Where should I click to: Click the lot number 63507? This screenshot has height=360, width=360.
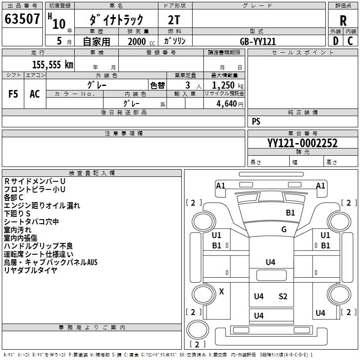click(x=22, y=20)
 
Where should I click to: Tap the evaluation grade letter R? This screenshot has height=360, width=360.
click(x=343, y=21)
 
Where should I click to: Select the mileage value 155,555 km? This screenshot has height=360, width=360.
click(x=53, y=64)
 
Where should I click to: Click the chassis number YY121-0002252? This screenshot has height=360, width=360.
click(x=302, y=143)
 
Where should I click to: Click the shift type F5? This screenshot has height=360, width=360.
click(x=13, y=94)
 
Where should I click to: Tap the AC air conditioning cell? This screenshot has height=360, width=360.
click(x=35, y=94)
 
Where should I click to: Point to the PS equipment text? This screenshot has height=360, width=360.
click(x=256, y=121)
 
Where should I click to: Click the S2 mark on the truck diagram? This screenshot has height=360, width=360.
click(x=283, y=296)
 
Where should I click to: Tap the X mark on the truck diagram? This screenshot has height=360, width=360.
click(x=221, y=291)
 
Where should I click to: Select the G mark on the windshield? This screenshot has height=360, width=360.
click(x=283, y=229)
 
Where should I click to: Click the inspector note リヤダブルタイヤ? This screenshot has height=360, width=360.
click(x=31, y=270)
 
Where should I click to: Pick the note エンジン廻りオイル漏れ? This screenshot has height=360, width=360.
click(x=42, y=205)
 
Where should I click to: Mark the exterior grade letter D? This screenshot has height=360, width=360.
click(x=335, y=41)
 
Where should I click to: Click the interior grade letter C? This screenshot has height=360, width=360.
click(x=351, y=41)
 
